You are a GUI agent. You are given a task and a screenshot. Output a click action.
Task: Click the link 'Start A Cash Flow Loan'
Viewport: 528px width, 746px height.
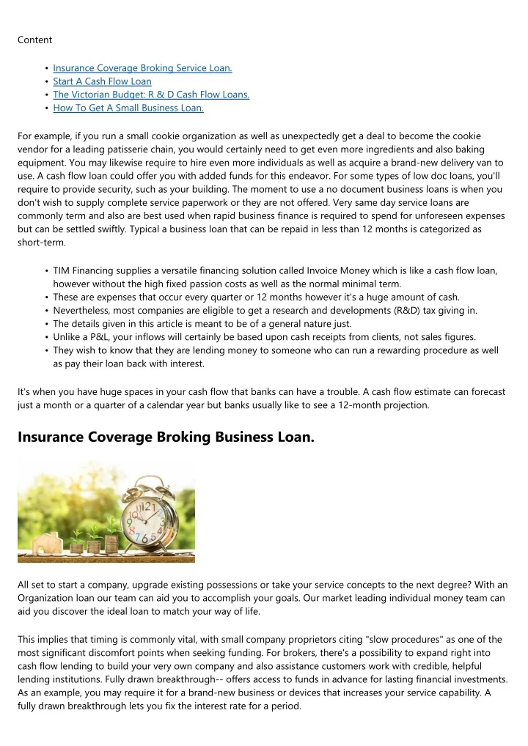(102, 81)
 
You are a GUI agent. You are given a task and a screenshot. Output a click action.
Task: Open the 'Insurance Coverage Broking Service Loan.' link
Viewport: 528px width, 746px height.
(142, 68)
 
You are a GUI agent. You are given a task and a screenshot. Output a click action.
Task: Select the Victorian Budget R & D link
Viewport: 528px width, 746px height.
(151, 95)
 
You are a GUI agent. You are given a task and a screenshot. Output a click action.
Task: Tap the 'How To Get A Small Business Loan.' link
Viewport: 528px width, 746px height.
(128, 108)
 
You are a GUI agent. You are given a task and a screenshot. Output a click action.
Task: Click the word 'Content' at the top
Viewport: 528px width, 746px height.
(34, 40)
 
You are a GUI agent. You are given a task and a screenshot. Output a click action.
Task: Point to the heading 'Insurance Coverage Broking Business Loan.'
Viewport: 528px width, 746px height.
(166, 437)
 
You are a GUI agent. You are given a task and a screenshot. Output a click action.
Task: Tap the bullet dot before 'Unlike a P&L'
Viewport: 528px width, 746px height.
(46, 337)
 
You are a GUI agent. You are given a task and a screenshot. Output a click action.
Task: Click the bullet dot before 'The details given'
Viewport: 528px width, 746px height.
(46, 324)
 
